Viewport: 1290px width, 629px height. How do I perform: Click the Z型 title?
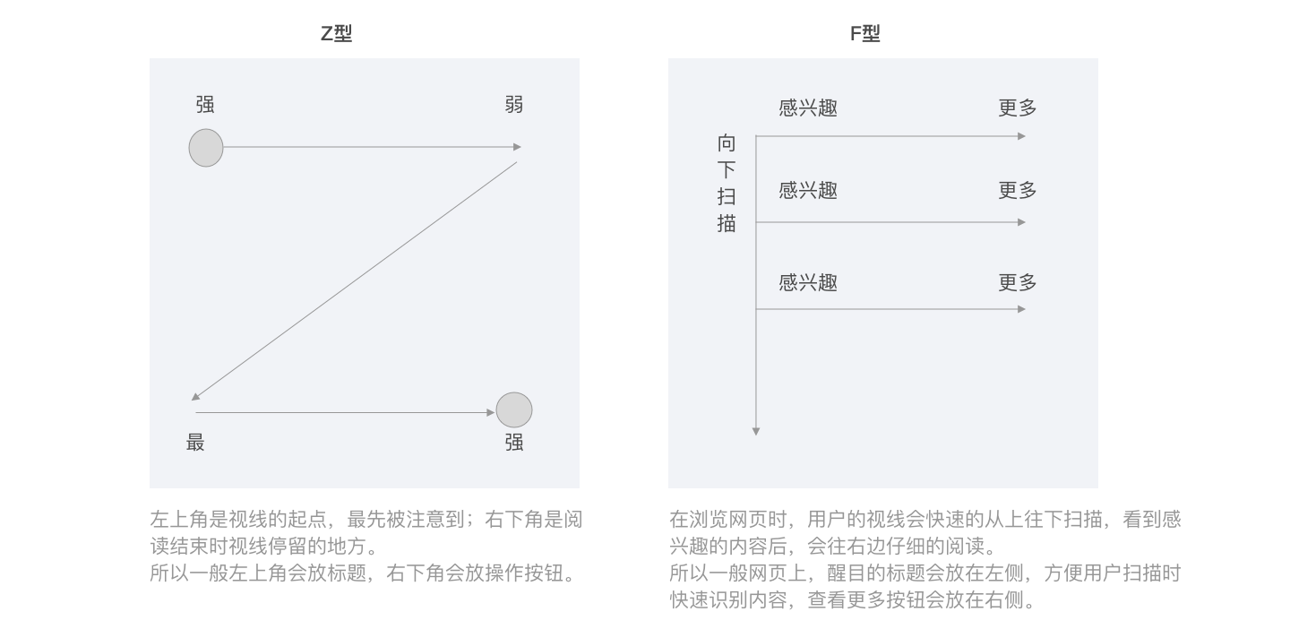(336, 34)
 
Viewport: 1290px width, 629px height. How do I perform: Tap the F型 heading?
(864, 34)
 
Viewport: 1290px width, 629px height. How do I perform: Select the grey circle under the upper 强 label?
(206, 148)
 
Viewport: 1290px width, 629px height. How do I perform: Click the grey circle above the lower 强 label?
(514, 410)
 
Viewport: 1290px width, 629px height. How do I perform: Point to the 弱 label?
(514, 105)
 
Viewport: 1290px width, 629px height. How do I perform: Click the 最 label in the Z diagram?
(195, 442)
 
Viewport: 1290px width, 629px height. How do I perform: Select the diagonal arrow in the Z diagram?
(354, 280)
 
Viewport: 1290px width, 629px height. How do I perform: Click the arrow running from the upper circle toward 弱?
(367, 147)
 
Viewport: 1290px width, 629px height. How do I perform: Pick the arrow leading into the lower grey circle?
(345, 413)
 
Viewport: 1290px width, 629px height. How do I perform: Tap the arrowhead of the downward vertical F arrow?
(756, 431)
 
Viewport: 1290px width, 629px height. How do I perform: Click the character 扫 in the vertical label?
(727, 196)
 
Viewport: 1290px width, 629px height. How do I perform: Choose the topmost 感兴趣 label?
(808, 108)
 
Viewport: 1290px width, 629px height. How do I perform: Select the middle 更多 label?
(1018, 191)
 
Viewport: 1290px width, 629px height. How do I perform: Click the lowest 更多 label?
(1018, 283)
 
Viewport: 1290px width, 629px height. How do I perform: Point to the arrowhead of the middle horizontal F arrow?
(1022, 222)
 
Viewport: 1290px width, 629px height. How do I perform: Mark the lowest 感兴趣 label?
(808, 283)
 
